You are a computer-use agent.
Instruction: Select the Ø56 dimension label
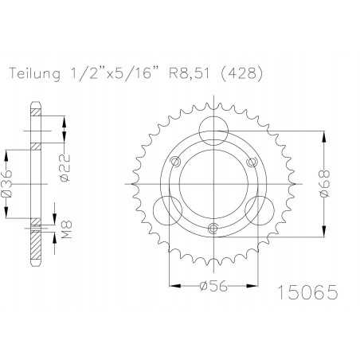click(211, 289)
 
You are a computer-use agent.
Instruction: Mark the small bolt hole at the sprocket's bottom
click(211, 229)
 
